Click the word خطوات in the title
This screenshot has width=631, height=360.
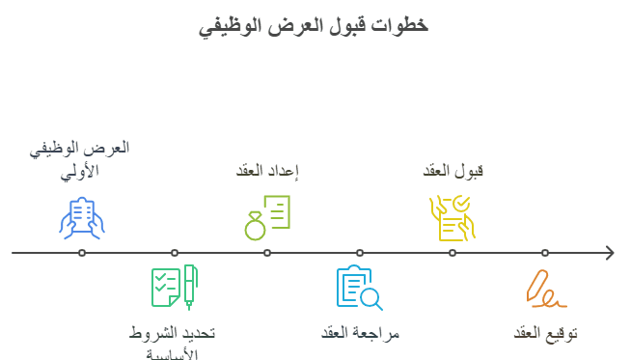(x=405, y=25)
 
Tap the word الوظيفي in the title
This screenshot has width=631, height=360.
(x=230, y=25)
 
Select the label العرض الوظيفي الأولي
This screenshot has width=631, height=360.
(x=81, y=159)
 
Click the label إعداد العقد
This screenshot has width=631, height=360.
(x=267, y=171)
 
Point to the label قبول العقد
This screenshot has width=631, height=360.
(x=453, y=171)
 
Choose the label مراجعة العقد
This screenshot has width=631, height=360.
(x=360, y=333)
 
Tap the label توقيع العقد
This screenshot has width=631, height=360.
(x=545, y=333)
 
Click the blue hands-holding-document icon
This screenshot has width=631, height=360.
(x=82, y=217)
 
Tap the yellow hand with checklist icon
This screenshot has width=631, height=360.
(x=453, y=217)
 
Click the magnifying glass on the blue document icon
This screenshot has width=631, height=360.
(x=370, y=299)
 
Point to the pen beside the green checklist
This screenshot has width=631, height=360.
(x=190, y=287)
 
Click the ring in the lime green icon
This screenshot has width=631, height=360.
(x=255, y=230)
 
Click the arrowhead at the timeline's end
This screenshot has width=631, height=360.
(x=609, y=253)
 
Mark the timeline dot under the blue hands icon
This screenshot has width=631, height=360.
(x=82, y=253)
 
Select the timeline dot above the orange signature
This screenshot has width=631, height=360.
(x=545, y=253)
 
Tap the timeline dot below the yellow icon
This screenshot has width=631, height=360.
(x=453, y=253)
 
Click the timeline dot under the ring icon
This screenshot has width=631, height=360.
(x=267, y=253)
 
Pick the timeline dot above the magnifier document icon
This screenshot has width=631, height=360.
(x=360, y=253)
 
